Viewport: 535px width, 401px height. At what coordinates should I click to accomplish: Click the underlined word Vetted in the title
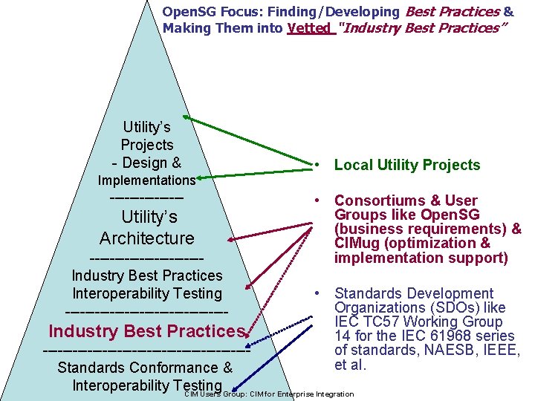coord(308,28)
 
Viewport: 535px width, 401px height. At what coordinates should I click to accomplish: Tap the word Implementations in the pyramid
coord(147,180)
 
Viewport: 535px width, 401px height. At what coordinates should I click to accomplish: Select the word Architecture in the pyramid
coord(147,238)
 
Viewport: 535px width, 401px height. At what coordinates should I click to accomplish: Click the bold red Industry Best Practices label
coord(146,330)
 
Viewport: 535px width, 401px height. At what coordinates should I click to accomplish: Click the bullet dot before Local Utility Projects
coord(317,165)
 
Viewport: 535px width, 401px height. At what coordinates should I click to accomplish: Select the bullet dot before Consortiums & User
coord(317,200)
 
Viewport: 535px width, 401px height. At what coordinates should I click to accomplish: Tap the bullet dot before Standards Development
coord(317,294)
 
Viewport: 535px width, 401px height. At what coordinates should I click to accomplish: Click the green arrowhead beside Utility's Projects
coord(187,117)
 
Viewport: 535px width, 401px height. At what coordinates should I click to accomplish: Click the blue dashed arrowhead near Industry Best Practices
coord(250,344)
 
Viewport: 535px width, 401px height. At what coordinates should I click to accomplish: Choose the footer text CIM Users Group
coord(215,394)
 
